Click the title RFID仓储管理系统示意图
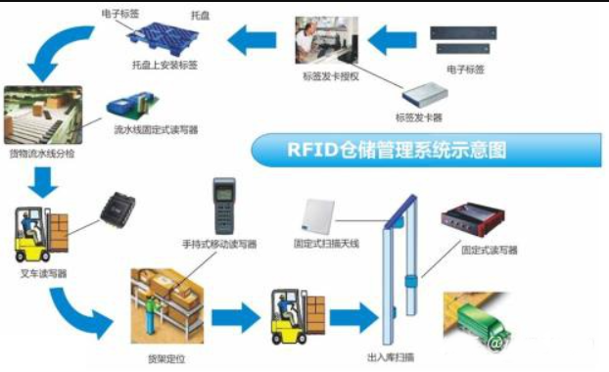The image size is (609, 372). coord(398,151)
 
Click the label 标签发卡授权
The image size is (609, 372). coord(324,75)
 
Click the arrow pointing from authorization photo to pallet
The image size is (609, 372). coord(253,40)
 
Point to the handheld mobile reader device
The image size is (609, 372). coord(222,205)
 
